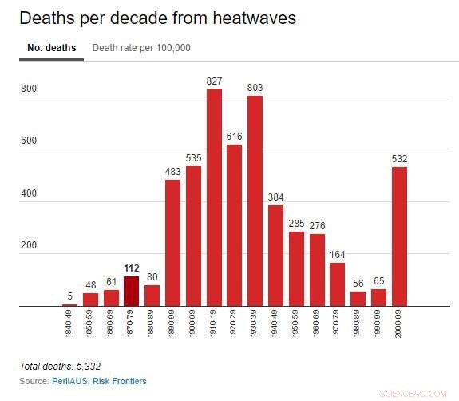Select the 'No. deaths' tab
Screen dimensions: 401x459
pos(51,48)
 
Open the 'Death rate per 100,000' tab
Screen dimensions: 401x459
pos(141,48)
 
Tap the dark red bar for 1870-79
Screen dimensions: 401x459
pos(132,291)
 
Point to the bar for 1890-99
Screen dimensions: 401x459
pos(173,243)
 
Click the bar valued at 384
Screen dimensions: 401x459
pos(276,256)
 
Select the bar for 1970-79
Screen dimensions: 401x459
pos(338,284)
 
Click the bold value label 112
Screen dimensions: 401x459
pos(132,268)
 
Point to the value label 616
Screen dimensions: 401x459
pos(235,137)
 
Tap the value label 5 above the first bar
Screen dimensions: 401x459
pos(70,297)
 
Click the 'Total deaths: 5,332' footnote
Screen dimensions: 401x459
pos(60,366)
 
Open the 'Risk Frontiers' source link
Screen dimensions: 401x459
pos(119,381)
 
